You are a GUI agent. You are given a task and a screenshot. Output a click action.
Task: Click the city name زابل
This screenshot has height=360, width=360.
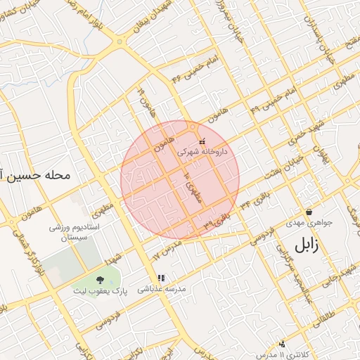coord(305,246)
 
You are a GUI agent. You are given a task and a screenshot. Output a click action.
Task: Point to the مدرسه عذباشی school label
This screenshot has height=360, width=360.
coord(160,288)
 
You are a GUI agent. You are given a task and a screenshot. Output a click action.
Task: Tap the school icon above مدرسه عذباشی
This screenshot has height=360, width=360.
coord(160,278)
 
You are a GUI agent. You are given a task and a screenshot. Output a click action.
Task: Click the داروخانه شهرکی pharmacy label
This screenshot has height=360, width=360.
coord(202,151)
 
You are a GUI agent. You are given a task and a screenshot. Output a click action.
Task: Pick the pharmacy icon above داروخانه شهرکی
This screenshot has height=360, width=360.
coord(202,141)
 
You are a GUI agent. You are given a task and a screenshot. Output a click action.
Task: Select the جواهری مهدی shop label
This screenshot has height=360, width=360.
coord(309,222)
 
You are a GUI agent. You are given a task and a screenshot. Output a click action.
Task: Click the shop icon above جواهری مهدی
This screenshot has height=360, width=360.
coord(309,212)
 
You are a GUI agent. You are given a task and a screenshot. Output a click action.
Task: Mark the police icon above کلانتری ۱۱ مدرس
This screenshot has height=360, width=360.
coord(282,344)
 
